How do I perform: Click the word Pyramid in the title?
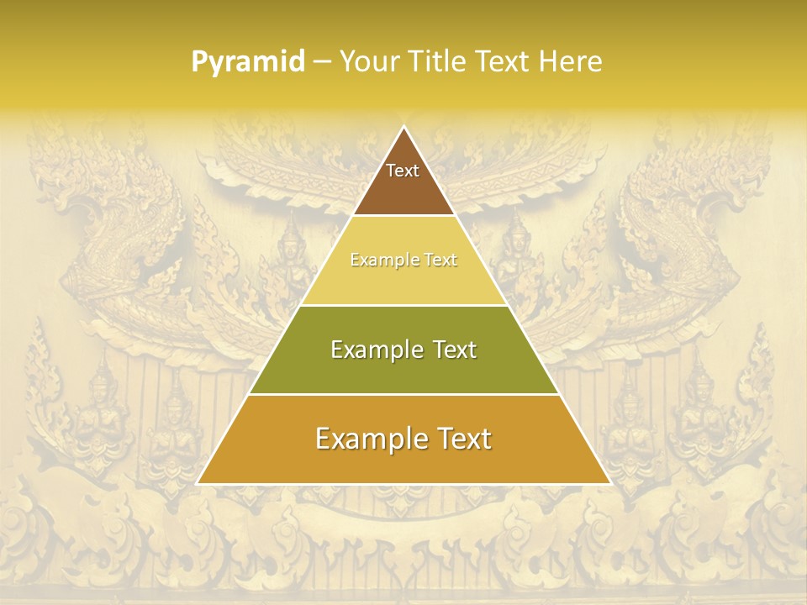pos(248,62)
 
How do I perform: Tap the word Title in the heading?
pos(439,61)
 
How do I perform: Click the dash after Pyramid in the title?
pos(321,62)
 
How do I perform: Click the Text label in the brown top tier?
pos(403,171)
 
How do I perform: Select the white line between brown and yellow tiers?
pos(403,216)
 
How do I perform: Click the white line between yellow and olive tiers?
pos(403,305)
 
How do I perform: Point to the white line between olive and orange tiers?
pos(403,394)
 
